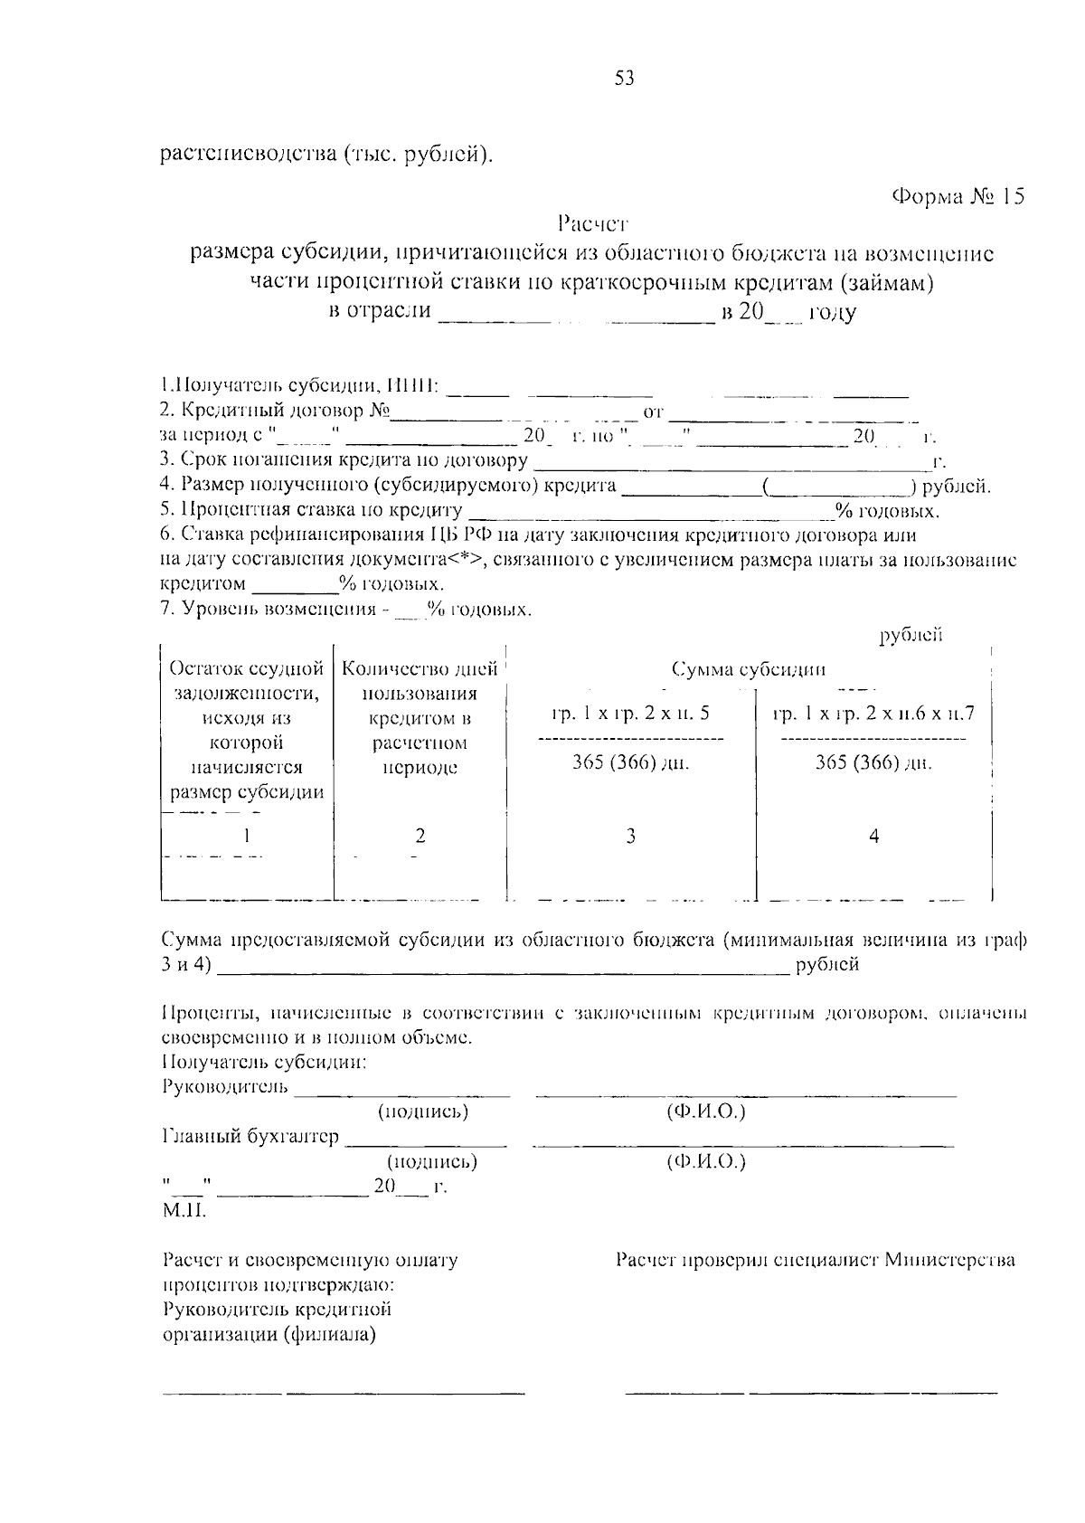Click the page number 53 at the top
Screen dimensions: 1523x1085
tap(625, 79)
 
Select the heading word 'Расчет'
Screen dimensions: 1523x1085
tap(592, 222)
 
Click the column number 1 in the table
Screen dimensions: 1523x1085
tap(245, 836)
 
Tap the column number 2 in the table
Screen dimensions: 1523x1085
tap(420, 836)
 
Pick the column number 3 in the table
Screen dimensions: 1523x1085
tap(630, 836)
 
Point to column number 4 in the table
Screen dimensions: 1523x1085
tap(873, 836)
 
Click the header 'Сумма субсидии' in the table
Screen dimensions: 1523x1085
tap(749, 670)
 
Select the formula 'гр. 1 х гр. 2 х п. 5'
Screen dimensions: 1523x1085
tap(630, 714)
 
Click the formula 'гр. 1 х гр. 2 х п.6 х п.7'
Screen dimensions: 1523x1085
tap(873, 714)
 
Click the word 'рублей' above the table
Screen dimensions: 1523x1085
tap(911, 635)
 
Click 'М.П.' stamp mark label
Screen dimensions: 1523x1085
tap(184, 1210)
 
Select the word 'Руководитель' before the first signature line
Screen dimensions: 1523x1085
tap(225, 1086)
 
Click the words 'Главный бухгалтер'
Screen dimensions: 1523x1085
tap(250, 1137)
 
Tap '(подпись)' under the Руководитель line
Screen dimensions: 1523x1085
tap(423, 1112)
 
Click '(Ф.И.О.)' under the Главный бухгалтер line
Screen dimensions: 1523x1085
tap(705, 1161)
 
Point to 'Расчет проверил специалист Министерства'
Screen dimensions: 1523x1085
tap(815, 1260)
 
